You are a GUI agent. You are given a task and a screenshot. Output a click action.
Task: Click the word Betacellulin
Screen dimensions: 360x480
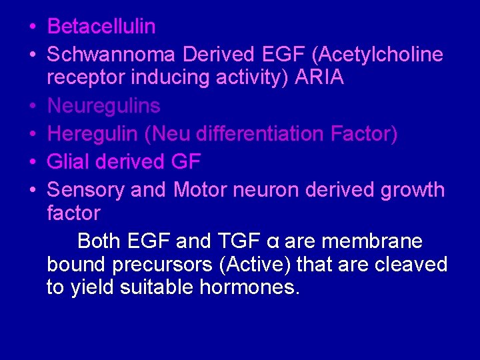click(102, 27)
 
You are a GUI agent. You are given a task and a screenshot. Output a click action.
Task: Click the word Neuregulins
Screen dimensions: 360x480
click(104, 105)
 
